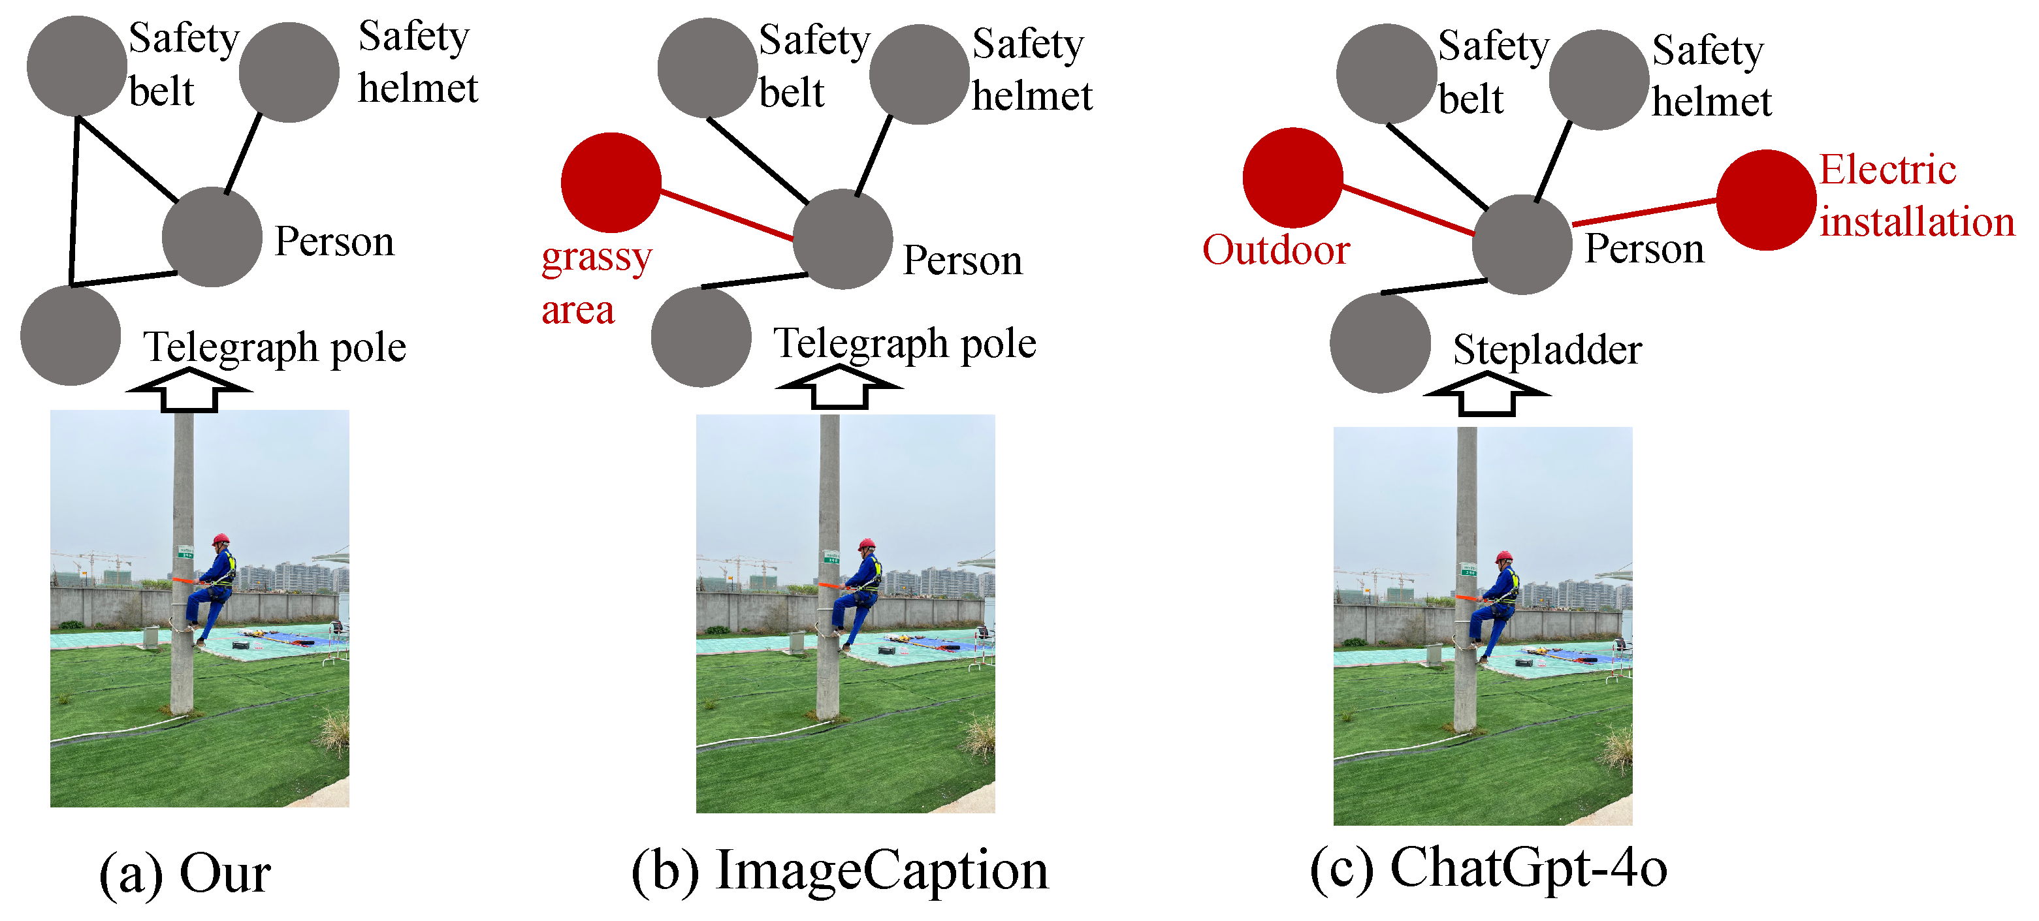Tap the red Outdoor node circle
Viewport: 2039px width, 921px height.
pyautogui.click(x=1292, y=178)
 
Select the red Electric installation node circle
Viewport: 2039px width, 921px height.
pyautogui.click(x=1765, y=200)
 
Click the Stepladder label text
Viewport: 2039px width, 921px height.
pyautogui.click(x=1547, y=350)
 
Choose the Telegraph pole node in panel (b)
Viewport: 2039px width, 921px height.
pyautogui.click(x=701, y=336)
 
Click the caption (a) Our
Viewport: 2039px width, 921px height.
pyautogui.click(x=185, y=873)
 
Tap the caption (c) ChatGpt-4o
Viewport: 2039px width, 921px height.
pyautogui.click(x=1488, y=869)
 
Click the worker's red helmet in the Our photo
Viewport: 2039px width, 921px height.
pyautogui.click(x=221, y=540)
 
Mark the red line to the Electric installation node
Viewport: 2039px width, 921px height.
pyautogui.click(x=1644, y=213)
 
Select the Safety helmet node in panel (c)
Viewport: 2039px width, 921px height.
pyautogui.click(x=1598, y=80)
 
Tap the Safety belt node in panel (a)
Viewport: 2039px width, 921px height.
pyautogui.click(x=77, y=66)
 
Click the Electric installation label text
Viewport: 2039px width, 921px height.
pyautogui.click(x=1916, y=195)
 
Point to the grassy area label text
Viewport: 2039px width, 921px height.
pyautogui.click(x=595, y=283)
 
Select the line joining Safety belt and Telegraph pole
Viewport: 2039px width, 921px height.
pyautogui.click(x=74, y=202)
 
